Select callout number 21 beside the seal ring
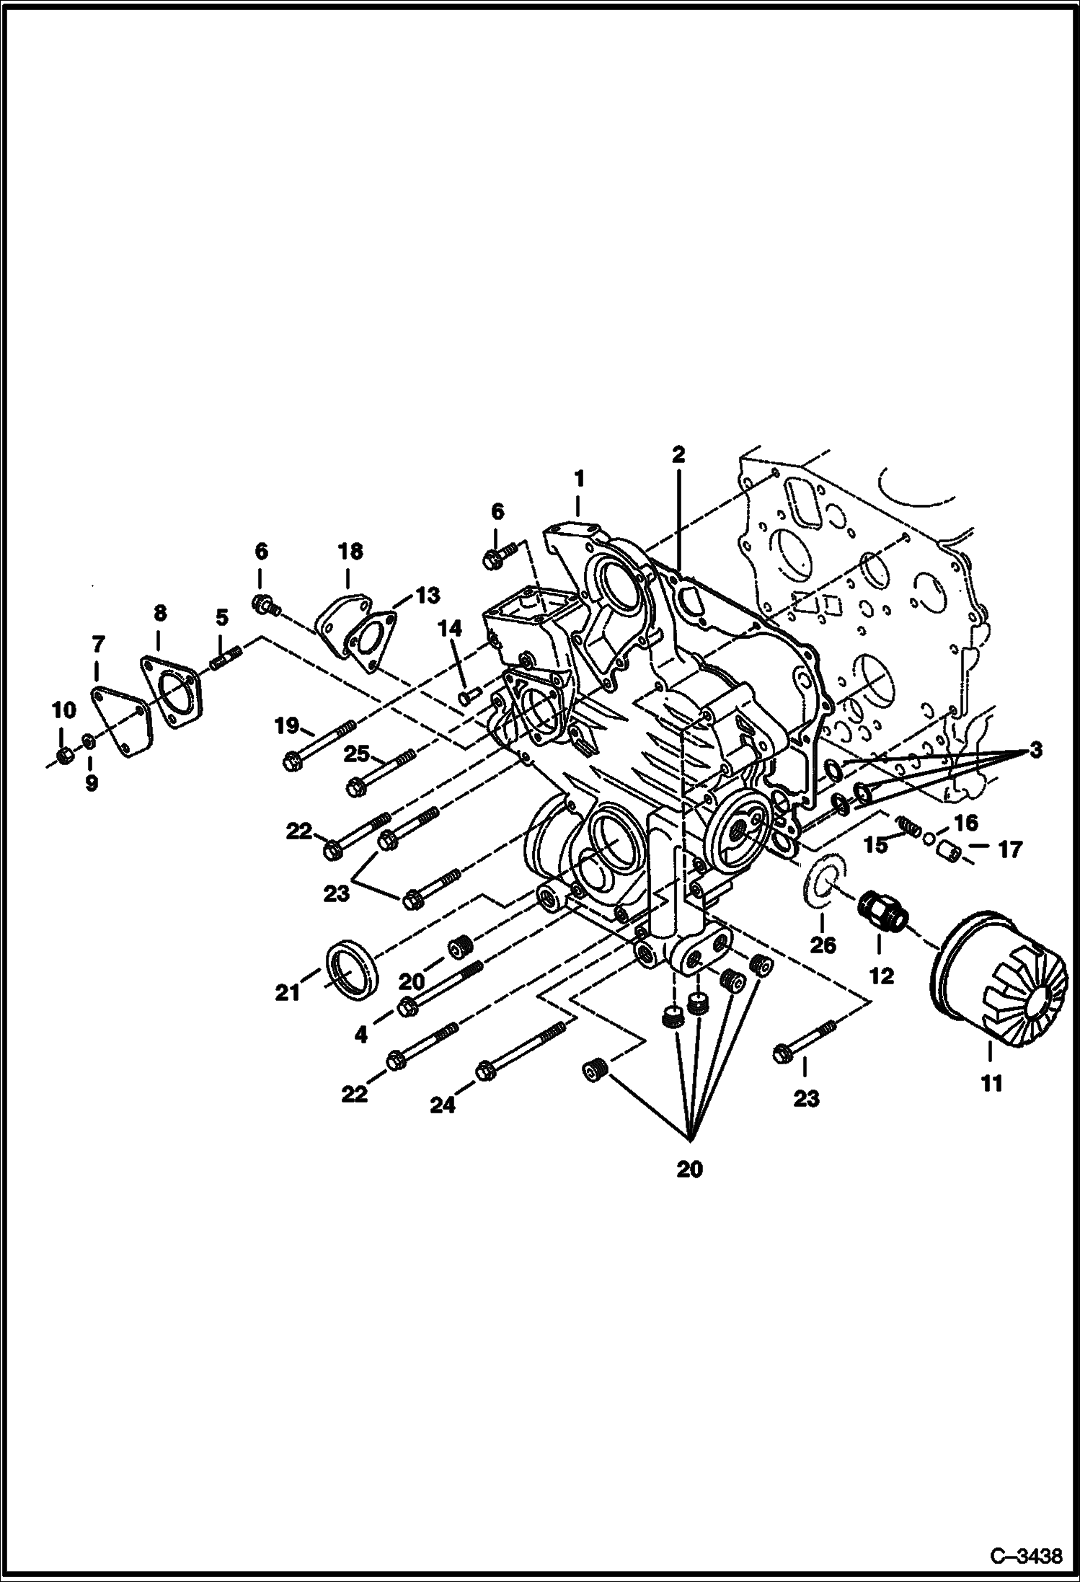(x=288, y=993)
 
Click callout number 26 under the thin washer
(x=823, y=944)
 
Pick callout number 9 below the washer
(x=92, y=784)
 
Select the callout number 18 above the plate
(x=350, y=552)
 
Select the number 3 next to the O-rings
(x=1035, y=750)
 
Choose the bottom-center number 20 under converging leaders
(x=689, y=1189)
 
